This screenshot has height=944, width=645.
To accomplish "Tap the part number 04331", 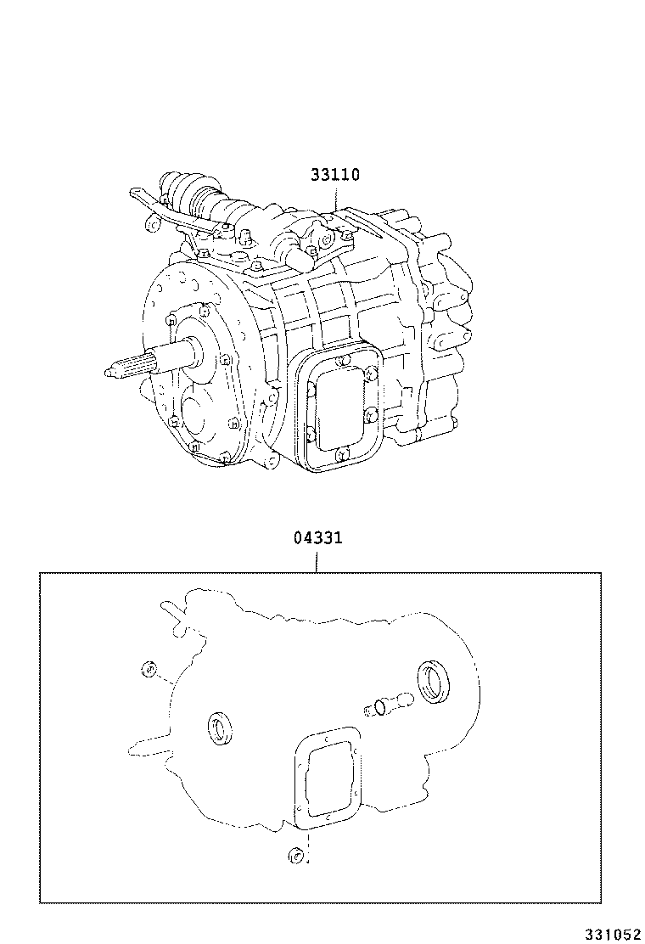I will click(318, 538).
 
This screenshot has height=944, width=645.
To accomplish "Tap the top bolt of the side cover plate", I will click(341, 362).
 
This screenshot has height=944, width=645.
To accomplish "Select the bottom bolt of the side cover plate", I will click(340, 455).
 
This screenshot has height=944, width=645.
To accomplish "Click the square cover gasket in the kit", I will click(328, 775).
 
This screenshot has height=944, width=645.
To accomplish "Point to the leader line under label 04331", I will click(318, 559).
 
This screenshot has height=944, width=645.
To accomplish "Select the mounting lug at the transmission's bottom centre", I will click(272, 461).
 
